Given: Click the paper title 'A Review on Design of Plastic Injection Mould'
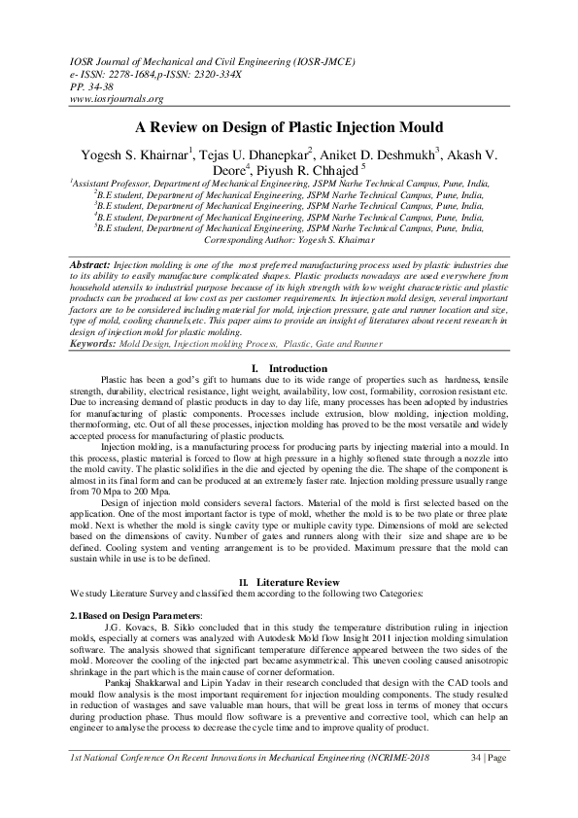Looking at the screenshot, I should point(289,127).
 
